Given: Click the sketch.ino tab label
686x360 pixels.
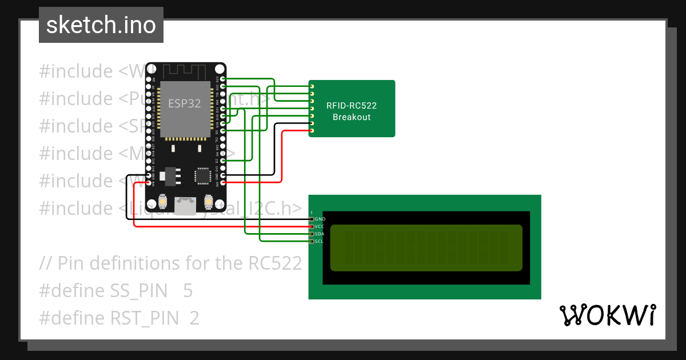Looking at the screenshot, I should [x=101, y=25].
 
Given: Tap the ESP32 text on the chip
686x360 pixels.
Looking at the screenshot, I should [x=184, y=103].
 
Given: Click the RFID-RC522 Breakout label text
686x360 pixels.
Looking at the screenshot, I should [x=352, y=111].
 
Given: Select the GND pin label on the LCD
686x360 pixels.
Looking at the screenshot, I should [x=320, y=219].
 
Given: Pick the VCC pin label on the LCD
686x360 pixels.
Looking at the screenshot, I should [x=320, y=226].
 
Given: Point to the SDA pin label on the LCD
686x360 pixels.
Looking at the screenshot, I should [x=320, y=234].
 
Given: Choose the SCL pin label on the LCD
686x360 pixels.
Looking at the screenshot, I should [x=320, y=241].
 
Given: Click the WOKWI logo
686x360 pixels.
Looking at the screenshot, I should [x=607, y=315].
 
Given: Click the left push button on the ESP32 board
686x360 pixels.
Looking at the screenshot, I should [x=163, y=202].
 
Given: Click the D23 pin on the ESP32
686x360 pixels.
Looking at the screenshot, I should [x=223, y=79].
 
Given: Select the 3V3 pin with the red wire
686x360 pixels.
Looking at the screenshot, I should [x=223, y=183].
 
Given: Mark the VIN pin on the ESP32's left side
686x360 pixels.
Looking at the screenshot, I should [x=149, y=183].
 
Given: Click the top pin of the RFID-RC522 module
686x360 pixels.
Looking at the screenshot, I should [x=312, y=86].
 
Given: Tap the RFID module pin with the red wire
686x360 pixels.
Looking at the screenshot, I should [x=312, y=130].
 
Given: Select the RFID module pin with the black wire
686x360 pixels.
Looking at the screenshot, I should [x=312, y=123].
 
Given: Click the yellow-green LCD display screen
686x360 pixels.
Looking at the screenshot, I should [x=426, y=247].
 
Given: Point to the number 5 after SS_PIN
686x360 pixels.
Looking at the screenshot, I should [x=188, y=291].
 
